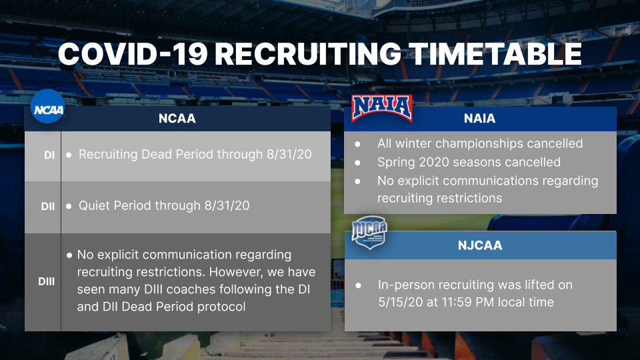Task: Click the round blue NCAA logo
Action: (x=48, y=106)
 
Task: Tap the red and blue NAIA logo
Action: (x=382, y=109)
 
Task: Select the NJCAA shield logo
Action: (x=369, y=232)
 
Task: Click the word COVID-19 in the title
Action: (x=133, y=54)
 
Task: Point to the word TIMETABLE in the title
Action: (x=495, y=54)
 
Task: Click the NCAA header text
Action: (x=177, y=119)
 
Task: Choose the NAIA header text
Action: (x=479, y=119)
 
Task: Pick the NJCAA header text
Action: (x=480, y=245)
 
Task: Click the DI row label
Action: (x=49, y=155)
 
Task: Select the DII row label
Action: (x=48, y=207)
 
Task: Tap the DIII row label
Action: (x=47, y=281)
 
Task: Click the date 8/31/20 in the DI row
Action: (x=289, y=154)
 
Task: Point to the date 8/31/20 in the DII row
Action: (x=227, y=205)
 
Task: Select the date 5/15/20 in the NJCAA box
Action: (x=401, y=302)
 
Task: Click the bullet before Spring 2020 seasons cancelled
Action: (x=357, y=163)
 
